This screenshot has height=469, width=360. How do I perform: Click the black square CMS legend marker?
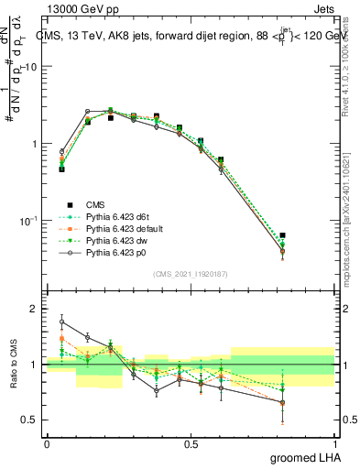(x=69, y=204)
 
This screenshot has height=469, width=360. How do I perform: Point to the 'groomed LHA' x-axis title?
(x=303, y=457)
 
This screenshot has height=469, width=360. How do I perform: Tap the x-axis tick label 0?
(x=47, y=443)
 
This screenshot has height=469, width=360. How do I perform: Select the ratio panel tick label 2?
(x=35, y=310)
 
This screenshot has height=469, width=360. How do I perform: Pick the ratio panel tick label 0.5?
(x=31, y=420)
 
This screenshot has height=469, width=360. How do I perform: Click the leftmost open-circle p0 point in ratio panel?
(x=61, y=322)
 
